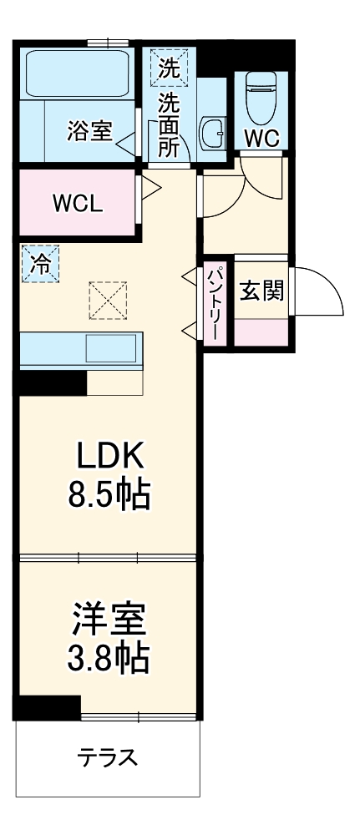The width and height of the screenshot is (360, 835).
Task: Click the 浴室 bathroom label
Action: [89, 131]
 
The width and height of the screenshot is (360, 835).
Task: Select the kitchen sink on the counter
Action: [110, 347]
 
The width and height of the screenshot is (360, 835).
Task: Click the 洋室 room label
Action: [109, 619]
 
